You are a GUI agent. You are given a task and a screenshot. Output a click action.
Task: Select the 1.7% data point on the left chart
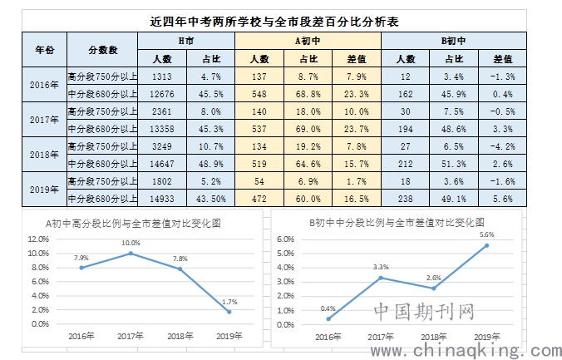click(229, 312)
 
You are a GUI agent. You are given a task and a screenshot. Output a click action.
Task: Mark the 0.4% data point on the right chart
click(329, 318)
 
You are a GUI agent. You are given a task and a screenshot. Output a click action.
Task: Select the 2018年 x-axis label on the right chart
click(433, 337)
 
